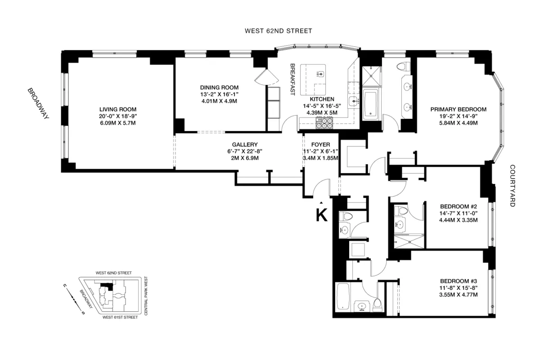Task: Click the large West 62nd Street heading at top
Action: click(278, 31)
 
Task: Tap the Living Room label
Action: click(118, 109)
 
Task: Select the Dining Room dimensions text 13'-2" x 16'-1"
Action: click(219, 94)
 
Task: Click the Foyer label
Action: click(320, 144)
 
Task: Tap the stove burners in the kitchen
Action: click(324, 122)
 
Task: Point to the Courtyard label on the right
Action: click(512, 185)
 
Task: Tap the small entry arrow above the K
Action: click(321, 203)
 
